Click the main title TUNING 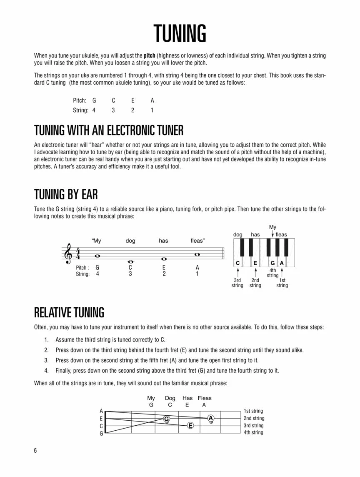180,33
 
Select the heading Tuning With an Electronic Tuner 108,131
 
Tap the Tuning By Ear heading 66,194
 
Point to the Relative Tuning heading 69,312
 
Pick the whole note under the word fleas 197,254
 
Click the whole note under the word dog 130,261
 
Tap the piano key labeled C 237,263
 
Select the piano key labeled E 255,263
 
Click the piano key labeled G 273,263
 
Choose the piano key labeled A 282,263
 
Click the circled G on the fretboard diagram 166,418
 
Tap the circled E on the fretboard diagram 190,425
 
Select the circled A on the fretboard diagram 210,418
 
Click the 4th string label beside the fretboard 253,432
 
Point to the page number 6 35,451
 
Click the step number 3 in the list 46,360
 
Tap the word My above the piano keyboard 272,227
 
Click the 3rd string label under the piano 237,283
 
